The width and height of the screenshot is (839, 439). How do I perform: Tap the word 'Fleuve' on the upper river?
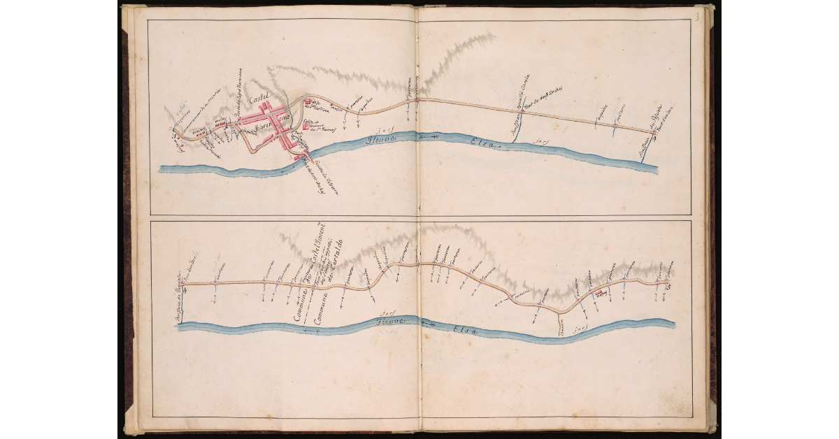click(375, 139)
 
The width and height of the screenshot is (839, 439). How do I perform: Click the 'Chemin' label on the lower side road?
click(561, 329)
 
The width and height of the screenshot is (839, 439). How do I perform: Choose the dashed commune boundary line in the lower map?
click(306, 308)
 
